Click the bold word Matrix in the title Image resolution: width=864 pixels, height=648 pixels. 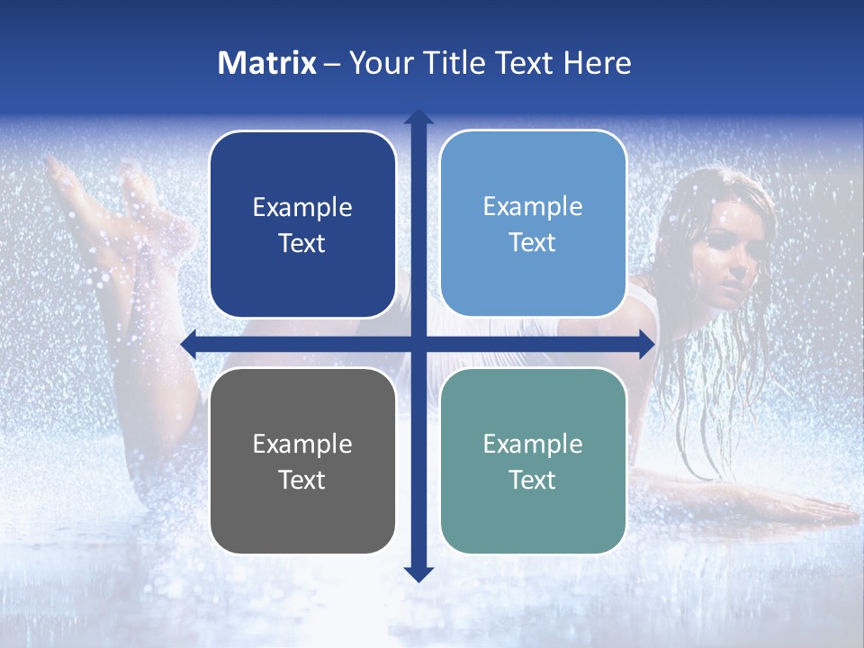tap(267, 63)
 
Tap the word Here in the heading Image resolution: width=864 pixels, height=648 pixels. tap(597, 63)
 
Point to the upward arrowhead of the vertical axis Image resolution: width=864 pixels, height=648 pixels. tap(418, 117)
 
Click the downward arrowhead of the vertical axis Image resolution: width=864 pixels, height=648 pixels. tap(418, 573)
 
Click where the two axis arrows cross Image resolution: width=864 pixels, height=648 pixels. tap(418, 344)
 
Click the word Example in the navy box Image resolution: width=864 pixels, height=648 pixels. tap(302, 208)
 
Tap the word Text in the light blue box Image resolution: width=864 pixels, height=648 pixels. tap(533, 243)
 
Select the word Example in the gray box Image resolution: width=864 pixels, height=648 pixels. tap(302, 444)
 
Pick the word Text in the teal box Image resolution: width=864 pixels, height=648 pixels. tap(533, 480)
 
